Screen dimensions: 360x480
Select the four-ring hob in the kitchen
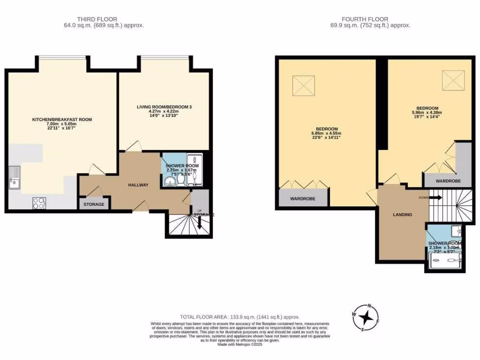pyautogui.click(x=39, y=203)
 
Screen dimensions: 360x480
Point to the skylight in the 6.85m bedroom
pyautogui.click(x=303, y=85)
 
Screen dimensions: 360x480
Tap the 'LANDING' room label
pyautogui.click(x=402, y=215)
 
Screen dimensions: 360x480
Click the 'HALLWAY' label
pyautogui.click(x=138, y=185)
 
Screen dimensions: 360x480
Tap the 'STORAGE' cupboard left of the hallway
pyautogui.click(x=94, y=204)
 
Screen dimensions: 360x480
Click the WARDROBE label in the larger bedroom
pyautogui.click(x=302, y=199)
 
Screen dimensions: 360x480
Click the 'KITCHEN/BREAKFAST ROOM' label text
pyautogui.click(x=62, y=120)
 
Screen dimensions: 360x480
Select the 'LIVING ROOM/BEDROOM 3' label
pyautogui.click(x=164, y=107)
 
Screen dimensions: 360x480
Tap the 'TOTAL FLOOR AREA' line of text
pyautogui.click(x=240, y=317)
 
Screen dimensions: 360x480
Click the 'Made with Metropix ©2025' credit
pyautogui.click(x=240, y=345)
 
